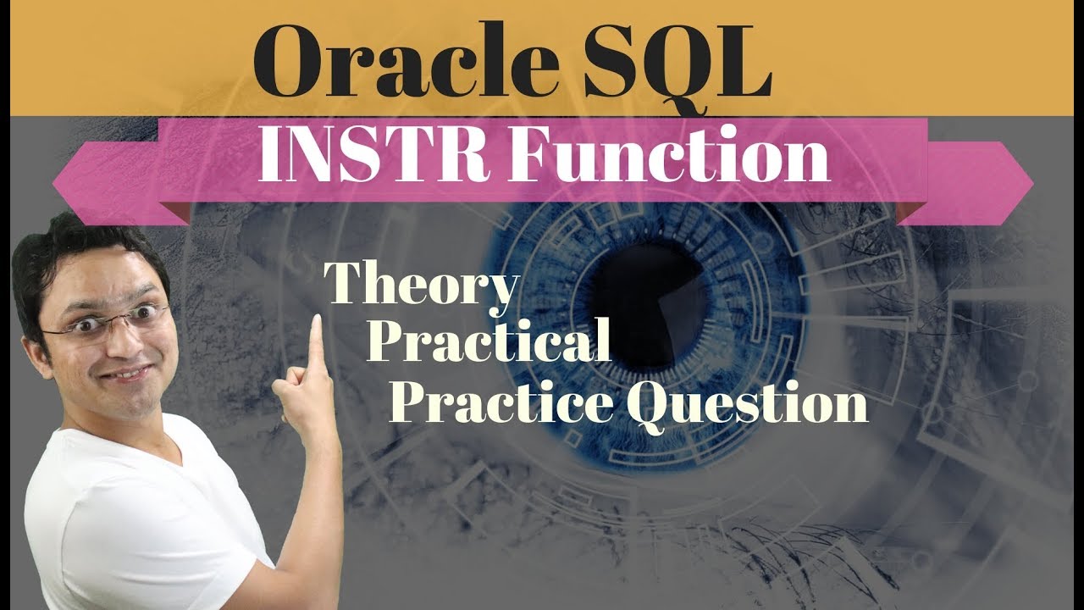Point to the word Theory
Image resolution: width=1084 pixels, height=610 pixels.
[420, 286]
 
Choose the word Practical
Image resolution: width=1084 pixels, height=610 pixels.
[489, 342]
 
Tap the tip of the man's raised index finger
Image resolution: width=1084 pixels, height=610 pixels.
[317, 321]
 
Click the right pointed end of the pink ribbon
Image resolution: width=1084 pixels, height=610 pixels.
[1030, 181]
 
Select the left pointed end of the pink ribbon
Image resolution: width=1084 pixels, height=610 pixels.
[56, 181]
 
